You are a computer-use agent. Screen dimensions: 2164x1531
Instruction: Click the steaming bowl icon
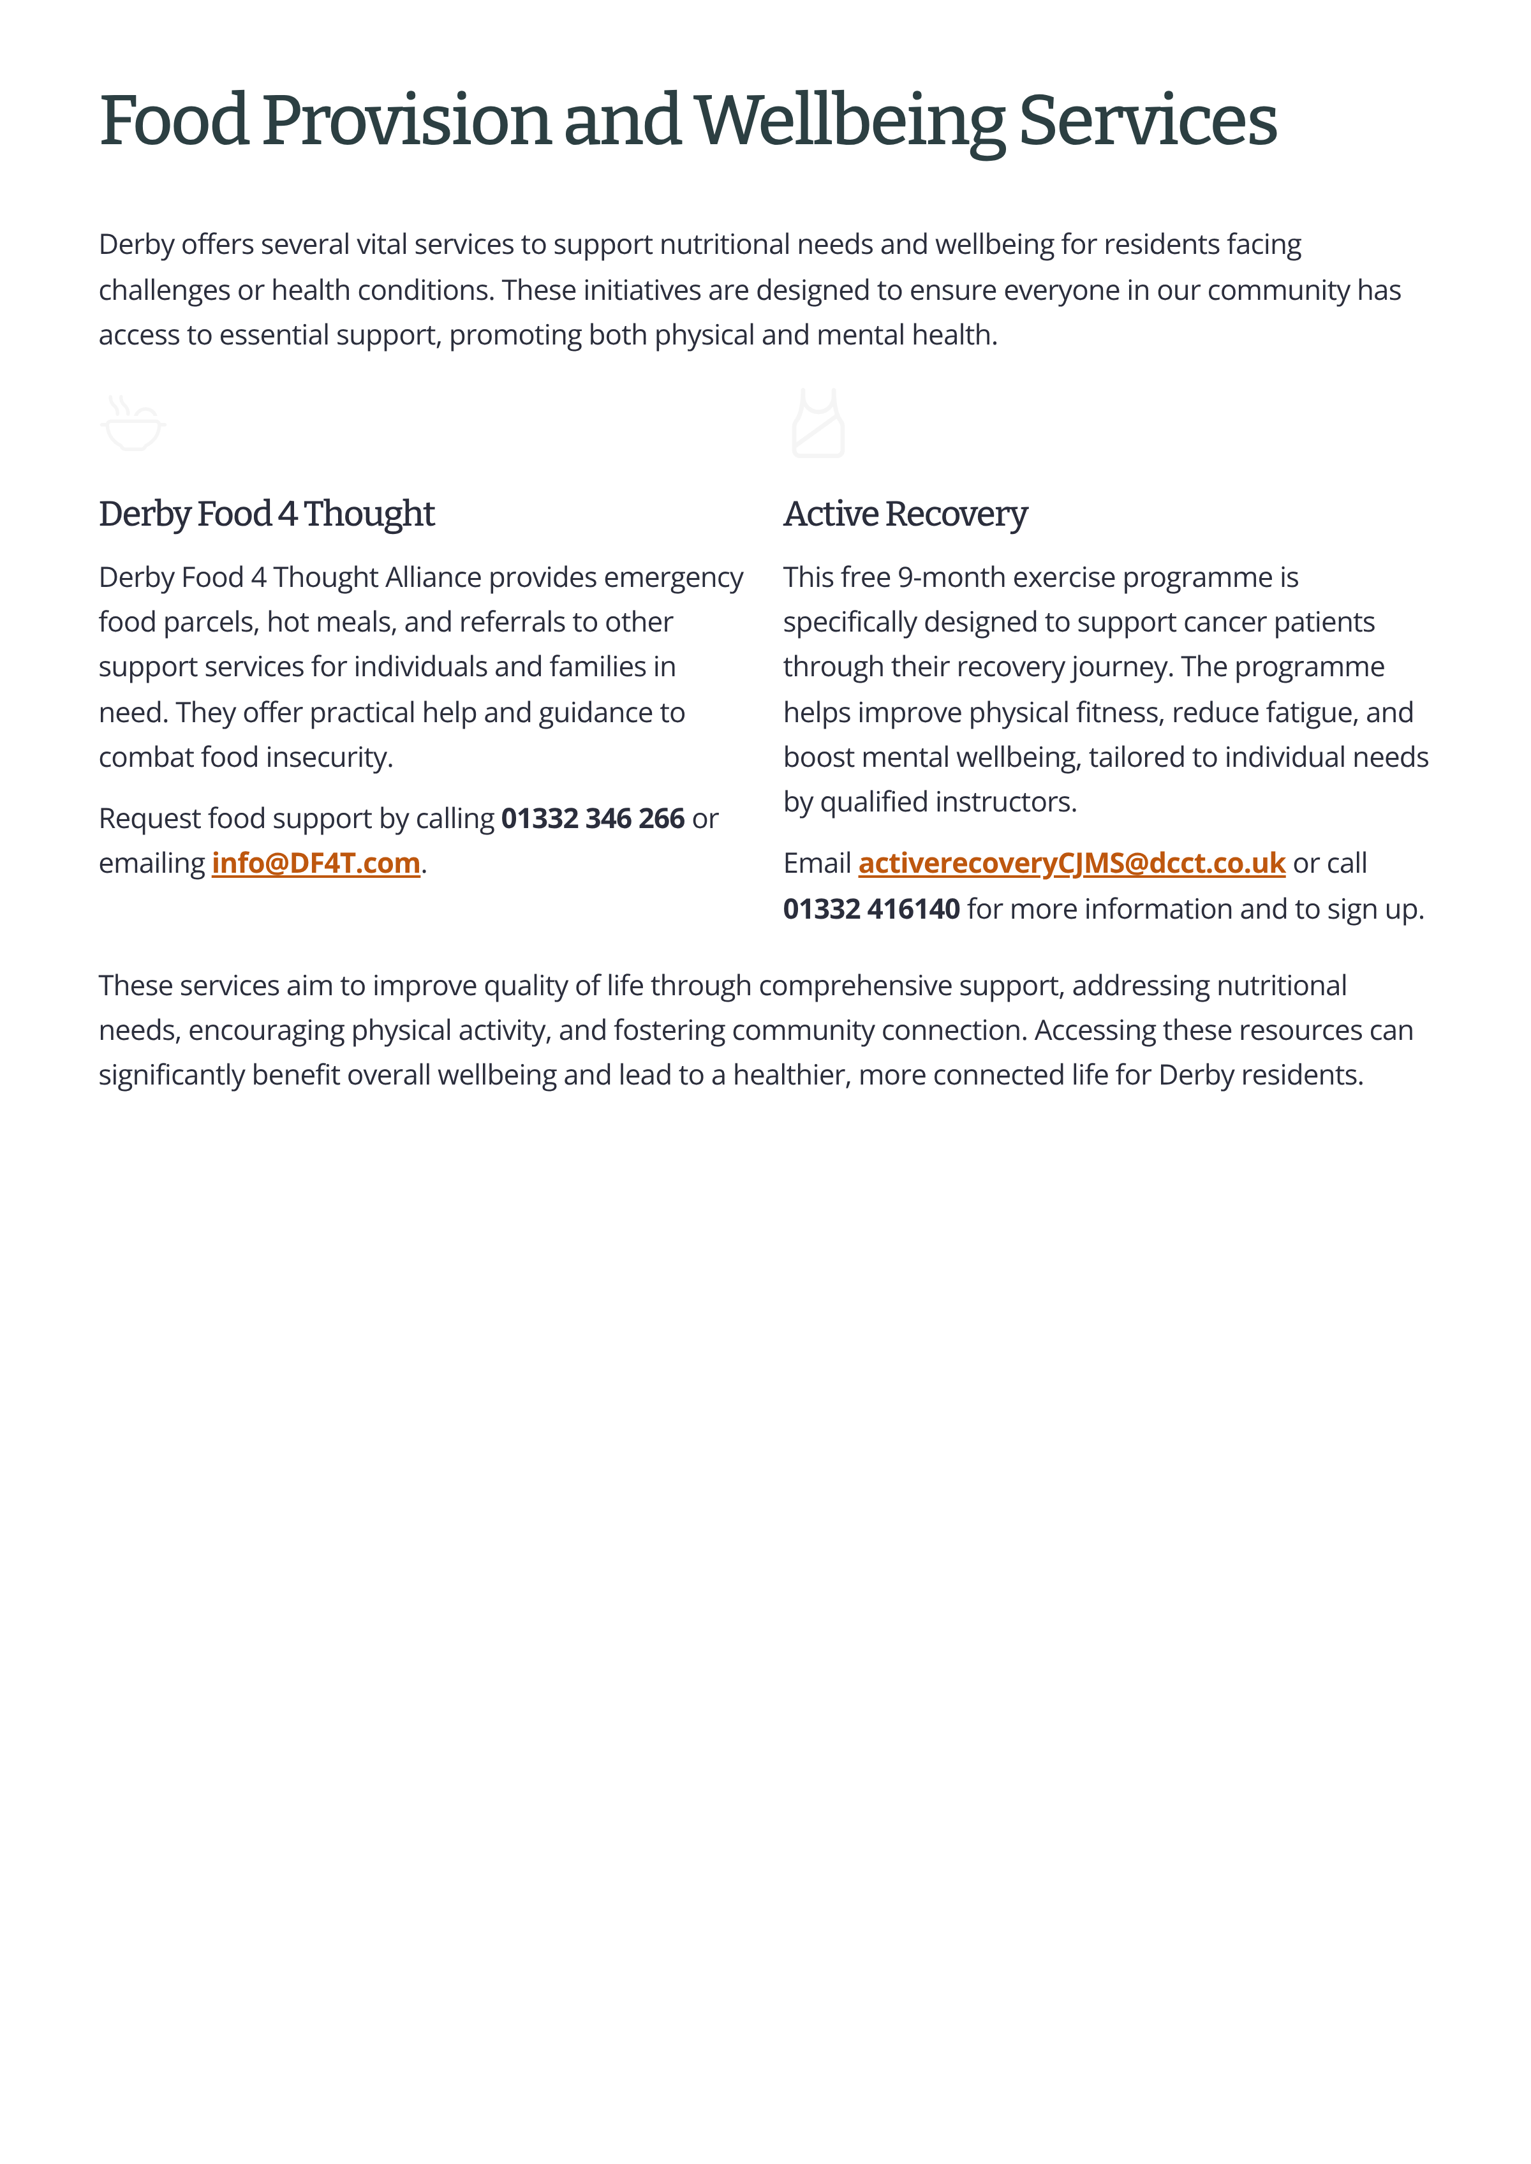tap(133, 424)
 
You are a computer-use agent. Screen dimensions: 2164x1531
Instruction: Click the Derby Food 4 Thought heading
tap(267, 514)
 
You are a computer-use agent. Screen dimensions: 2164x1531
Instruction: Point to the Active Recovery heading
tap(905, 514)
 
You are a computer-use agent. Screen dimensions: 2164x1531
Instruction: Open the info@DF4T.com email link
tap(316, 863)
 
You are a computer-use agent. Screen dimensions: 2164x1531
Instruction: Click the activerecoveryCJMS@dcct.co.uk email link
tap(1071, 863)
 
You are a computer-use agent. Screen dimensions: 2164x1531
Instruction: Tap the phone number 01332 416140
tap(871, 909)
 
